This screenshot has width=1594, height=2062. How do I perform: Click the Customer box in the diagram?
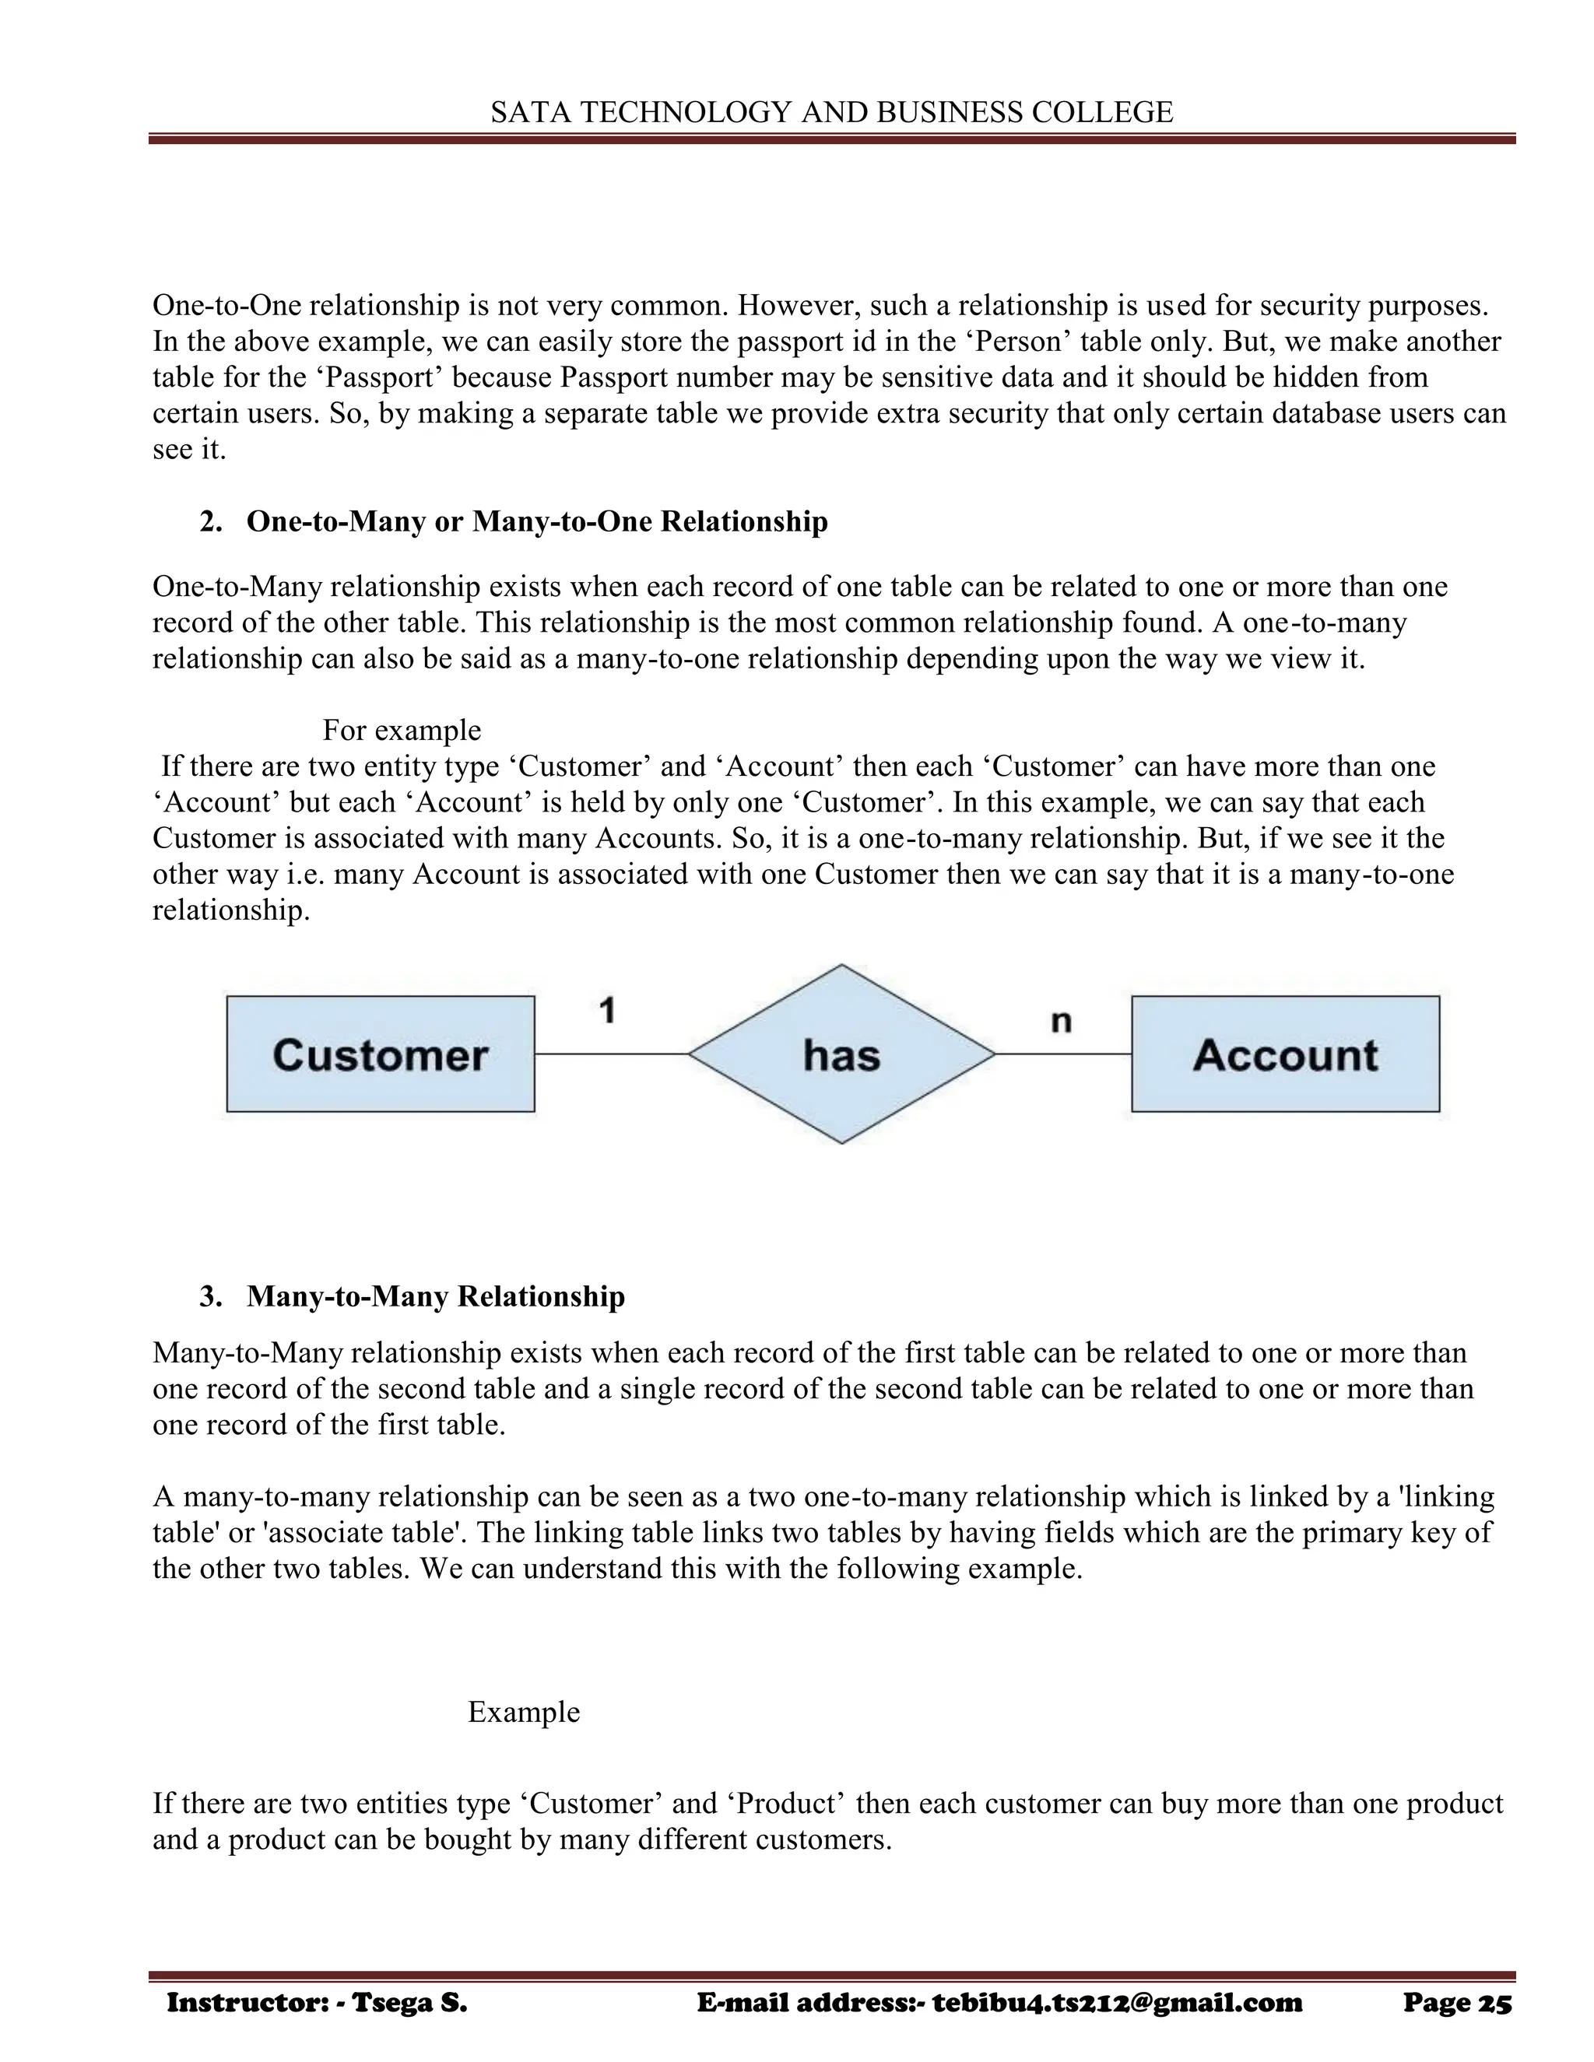click(x=381, y=1054)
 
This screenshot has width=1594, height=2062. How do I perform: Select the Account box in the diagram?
click(x=1285, y=1054)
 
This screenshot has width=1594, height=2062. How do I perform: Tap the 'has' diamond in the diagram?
click(x=841, y=1054)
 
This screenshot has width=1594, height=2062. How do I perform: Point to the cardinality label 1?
click(x=607, y=1012)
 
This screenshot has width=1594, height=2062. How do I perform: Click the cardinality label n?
click(x=1061, y=1021)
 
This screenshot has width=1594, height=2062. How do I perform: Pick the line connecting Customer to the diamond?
click(x=611, y=1054)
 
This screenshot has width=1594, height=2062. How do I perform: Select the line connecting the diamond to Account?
click(x=1063, y=1054)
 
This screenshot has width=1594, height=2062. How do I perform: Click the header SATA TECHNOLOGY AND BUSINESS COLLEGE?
click(x=832, y=112)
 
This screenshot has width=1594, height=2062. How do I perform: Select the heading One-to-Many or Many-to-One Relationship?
click(x=536, y=521)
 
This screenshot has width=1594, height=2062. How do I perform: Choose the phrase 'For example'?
click(x=402, y=730)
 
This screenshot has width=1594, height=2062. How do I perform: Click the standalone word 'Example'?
click(x=523, y=1712)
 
